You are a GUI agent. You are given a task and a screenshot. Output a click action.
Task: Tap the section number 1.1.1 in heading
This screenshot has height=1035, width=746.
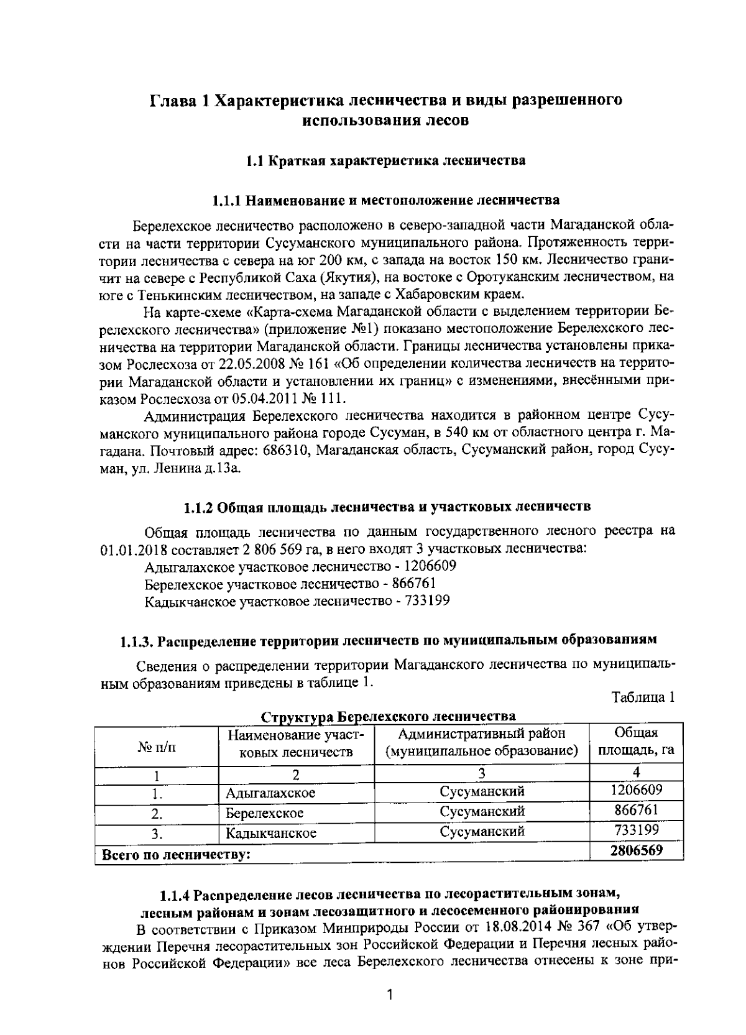coord(227,201)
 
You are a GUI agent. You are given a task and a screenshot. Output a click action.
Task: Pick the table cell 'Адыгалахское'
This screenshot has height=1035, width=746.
coord(270,793)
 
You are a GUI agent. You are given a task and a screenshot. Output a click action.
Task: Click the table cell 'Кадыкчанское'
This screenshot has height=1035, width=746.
coord(271,833)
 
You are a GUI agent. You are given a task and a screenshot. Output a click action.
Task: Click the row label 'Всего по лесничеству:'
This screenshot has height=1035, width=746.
coord(176,855)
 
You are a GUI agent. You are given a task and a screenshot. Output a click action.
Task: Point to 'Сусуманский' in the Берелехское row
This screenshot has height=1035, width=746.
coord(482,812)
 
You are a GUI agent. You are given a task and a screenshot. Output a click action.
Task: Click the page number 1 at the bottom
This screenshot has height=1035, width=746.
coord(390,995)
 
